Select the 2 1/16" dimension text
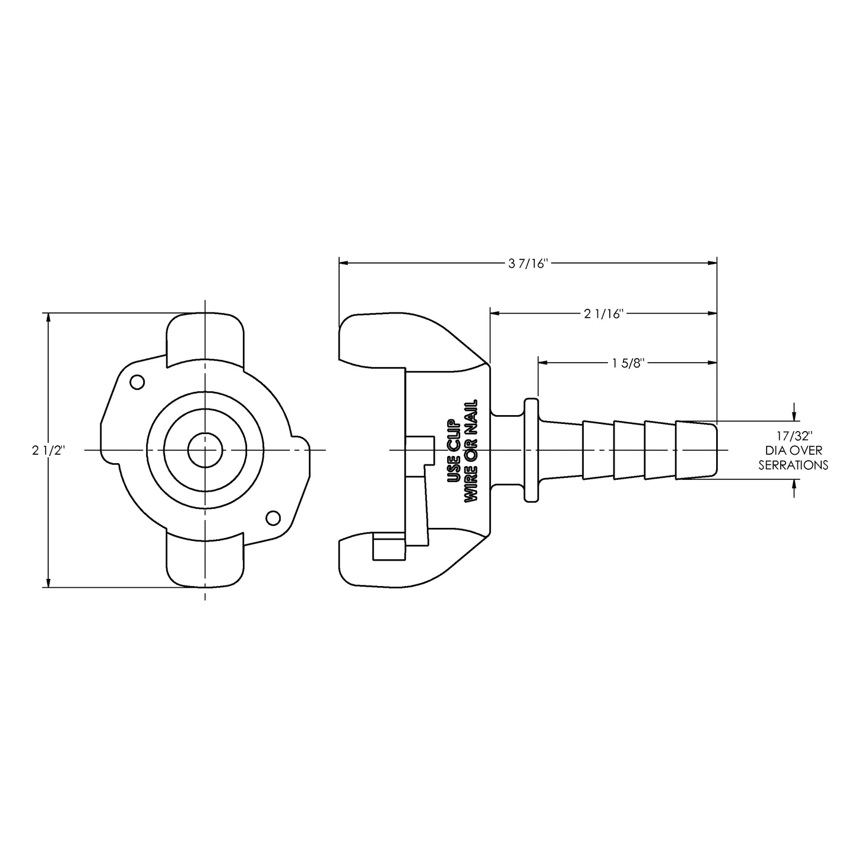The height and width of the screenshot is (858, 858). [x=602, y=314]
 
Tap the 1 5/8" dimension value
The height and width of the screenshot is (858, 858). [x=628, y=363]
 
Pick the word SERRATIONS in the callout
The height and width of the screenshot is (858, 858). [x=793, y=465]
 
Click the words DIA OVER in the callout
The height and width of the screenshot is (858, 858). [x=793, y=451]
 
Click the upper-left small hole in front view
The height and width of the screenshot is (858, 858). [x=137, y=382]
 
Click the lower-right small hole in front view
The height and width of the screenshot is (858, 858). [x=273, y=518]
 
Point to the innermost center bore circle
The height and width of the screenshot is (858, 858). [x=205, y=450]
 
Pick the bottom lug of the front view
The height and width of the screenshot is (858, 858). [x=205, y=561]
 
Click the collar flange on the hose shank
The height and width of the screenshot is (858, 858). [x=530, y=450]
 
